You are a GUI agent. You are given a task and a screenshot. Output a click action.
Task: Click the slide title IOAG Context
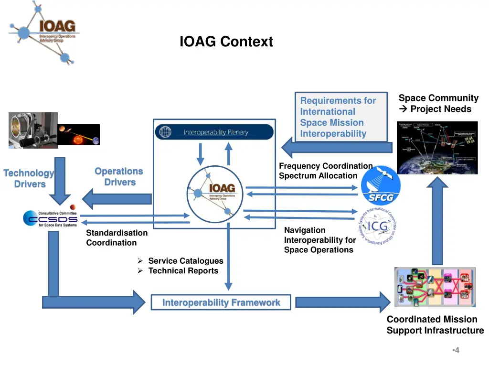(x=226, y=42)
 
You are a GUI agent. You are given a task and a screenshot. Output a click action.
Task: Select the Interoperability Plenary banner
(x=214, y=132)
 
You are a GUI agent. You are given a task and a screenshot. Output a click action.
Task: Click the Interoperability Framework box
(x=221, y=302)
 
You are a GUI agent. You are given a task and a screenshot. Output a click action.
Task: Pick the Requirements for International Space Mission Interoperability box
(x=340, y=117)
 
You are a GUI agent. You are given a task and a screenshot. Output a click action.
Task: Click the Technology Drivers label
(x=29, y=179)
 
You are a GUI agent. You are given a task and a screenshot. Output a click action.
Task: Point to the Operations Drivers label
(x=119, y=176)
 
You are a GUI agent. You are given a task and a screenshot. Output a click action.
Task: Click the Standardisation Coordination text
(x=117, y=237)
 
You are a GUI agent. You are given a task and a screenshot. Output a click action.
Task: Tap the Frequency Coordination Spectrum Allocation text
(x=325, y=171)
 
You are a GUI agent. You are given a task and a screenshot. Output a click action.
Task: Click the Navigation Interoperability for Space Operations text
(x=319, y=240)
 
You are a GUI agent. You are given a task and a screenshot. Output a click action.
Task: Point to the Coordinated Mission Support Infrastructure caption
(x=435, y=325)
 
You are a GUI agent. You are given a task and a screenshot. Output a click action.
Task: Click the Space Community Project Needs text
(x=438, y=103)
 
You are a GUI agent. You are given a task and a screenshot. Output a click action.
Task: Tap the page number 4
(x=456, y=350)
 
